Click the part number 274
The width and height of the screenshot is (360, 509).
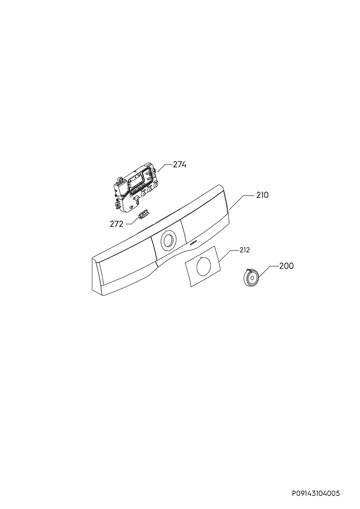180,165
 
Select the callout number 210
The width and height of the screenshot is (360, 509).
262,195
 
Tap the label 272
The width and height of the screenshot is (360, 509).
117,224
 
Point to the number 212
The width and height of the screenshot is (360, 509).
244,250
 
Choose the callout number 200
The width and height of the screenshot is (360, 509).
286,266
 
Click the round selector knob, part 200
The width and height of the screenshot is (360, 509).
251,277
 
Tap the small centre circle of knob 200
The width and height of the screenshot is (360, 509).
252,278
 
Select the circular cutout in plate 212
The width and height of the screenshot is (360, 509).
204,266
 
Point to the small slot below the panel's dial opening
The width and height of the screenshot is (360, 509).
193,243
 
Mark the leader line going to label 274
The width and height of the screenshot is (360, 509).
165,168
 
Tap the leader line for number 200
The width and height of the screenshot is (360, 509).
268,272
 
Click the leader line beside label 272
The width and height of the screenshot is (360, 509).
132,220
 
